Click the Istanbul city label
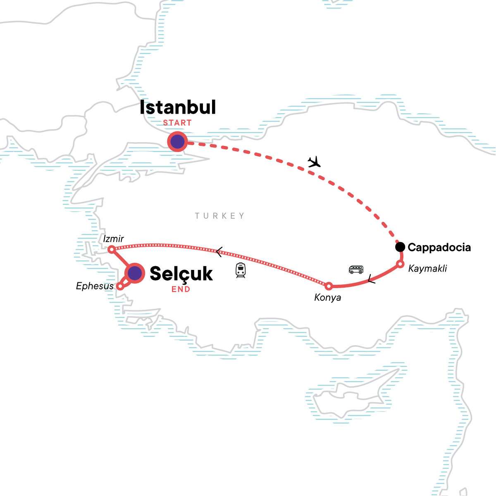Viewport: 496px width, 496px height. click(178, 107)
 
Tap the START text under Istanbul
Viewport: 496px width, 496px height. click(177, 123)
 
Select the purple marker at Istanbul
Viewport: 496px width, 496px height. click(177, 142)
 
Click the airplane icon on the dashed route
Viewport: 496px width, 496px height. click(315, 162)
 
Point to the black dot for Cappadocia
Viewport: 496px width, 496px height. click(400, 247)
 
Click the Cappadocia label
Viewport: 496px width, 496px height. click(439, 248)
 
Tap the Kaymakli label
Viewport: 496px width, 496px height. click(427, 269)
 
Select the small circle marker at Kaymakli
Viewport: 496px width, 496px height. click(400, 264)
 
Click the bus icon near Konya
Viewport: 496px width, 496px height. click(356, 269)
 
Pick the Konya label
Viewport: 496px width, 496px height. click(328, 298)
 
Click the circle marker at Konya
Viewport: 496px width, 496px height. click(329, 286)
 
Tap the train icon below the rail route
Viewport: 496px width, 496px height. click(241, 270)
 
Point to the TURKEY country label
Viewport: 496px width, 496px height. click(220, 216)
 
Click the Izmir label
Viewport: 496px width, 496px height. click(114, 239)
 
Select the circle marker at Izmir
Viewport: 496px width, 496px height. click(111, 250)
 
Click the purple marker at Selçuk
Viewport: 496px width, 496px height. click(135, 273)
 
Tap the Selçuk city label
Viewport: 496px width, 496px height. click(181, 274)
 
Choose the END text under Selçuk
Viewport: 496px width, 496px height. click(181, 289)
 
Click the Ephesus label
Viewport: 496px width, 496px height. click(95, 286)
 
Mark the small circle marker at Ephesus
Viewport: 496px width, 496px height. click(120, 286)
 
